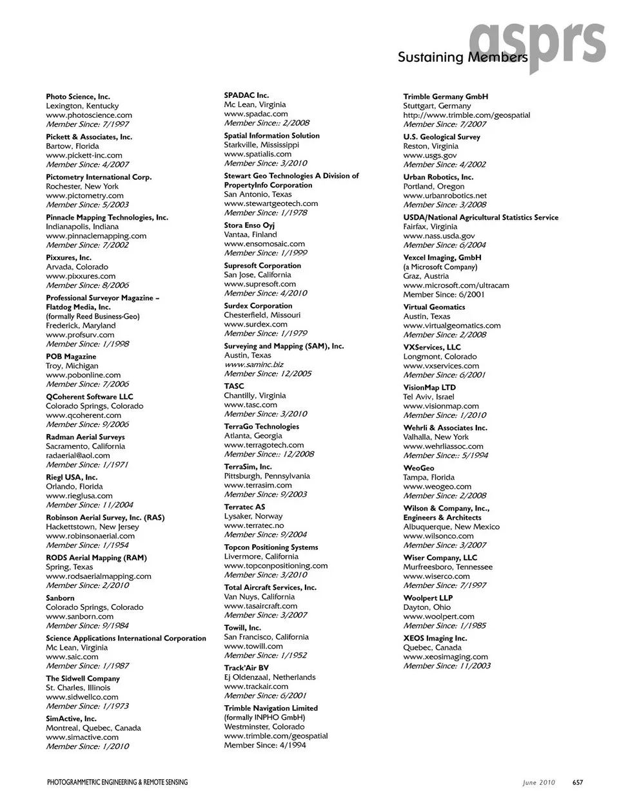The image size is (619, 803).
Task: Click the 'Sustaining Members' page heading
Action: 462,57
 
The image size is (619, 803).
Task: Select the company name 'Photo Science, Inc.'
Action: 78,97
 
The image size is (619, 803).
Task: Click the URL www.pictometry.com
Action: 84,195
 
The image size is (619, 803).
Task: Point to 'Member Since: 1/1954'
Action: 87,545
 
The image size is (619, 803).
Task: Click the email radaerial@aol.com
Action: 78,455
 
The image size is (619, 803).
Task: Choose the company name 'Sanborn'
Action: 60,598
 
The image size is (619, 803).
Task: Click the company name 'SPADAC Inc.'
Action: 246,95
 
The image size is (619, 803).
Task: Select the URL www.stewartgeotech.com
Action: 271,203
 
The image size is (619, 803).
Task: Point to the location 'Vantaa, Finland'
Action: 250,234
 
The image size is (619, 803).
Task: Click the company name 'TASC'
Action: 234,386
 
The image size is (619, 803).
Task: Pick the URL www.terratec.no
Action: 253,525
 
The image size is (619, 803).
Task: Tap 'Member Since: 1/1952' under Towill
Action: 265,655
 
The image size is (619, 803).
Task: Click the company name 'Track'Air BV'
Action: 246,668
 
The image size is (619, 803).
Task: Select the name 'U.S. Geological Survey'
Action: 442,137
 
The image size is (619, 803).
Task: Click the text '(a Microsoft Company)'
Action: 440,267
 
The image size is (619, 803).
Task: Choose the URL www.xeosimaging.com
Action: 446,657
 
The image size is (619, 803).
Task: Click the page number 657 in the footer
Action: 578,782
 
